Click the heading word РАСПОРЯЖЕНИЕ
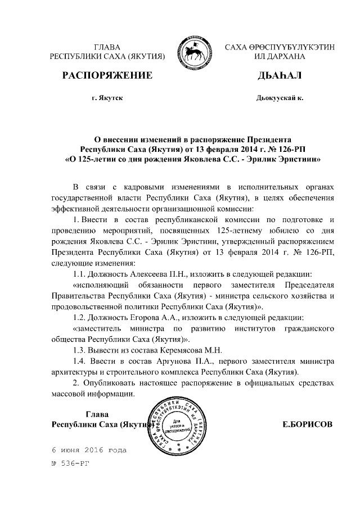(107, 75)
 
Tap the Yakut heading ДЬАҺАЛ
(279, 75)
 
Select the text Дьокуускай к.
(280, 98)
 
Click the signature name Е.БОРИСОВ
(307, 423)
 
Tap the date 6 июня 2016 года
(89, 451)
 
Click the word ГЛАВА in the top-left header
(107, 47)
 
